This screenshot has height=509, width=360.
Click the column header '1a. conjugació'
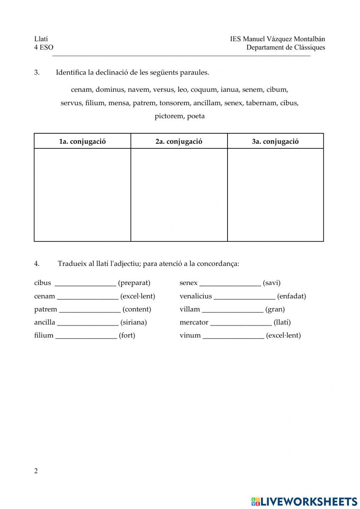click(x=82, y=141)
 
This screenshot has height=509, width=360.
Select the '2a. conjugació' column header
click(x=179, y=141)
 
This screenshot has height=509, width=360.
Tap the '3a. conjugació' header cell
click(x=275, y=141)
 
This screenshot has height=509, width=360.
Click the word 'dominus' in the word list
click(x=110, y=90)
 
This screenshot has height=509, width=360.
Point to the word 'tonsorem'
click(x=174, y=103)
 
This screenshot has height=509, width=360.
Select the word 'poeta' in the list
click(x=196, y=116)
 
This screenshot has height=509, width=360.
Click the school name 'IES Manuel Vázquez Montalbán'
click(x=278, y=39)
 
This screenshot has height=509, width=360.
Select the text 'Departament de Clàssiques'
click(x=285, y=48)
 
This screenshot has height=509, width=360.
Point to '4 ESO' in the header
click(x=44, y=48)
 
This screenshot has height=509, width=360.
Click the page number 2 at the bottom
click(x=36, y=471)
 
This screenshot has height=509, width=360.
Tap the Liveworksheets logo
click(x=304, y=501)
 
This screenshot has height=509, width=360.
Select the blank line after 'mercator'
click(x=241, y=323)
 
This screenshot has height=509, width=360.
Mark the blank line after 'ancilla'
click(x=87, y=323)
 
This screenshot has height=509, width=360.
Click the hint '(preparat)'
click(x=134, y=283)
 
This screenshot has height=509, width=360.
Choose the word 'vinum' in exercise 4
click(x=190, y=335)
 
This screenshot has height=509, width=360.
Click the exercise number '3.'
click(x=37, y=72)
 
